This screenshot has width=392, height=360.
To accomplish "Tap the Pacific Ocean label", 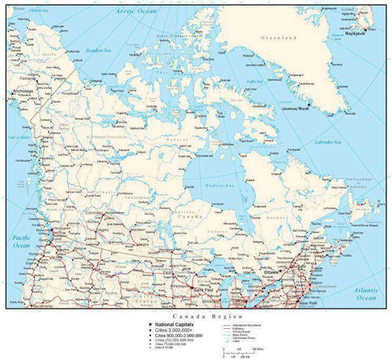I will click(x=20, y=241).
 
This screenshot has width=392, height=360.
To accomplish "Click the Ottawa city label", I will click(x=283, y=272).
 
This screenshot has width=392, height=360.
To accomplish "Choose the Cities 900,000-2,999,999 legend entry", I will click(x=173, y=335).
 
